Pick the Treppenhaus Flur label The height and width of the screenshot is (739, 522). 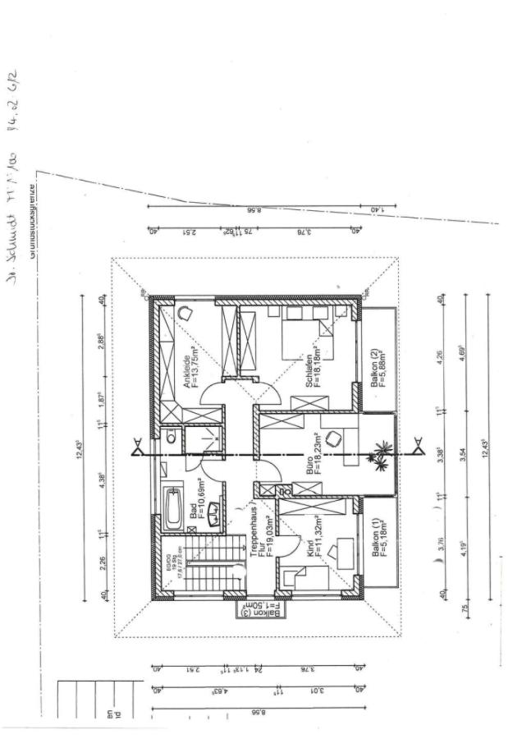point(260,534)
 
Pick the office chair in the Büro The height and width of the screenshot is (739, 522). point(332,438)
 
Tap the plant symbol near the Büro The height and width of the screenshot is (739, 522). point(381,453)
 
